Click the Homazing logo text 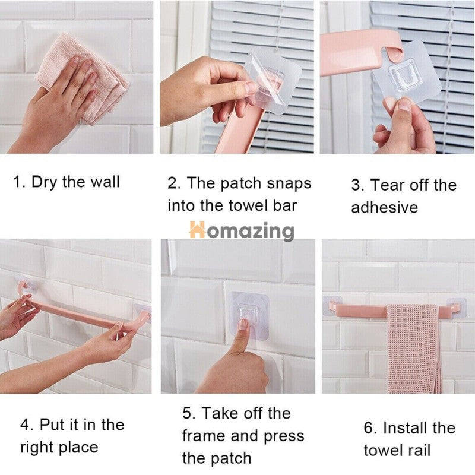pyautogui.click(x=242, y=230)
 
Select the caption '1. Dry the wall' pyautogui.click(x=66, y=182)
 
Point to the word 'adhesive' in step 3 pyautogui.click(x=384, y=207)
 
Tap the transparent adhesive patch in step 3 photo pyautogui.click(x=410, y=74)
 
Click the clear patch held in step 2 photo pyautogui.click(x=273, y=80)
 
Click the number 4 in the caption pyautogui.click(x=24, y=425)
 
